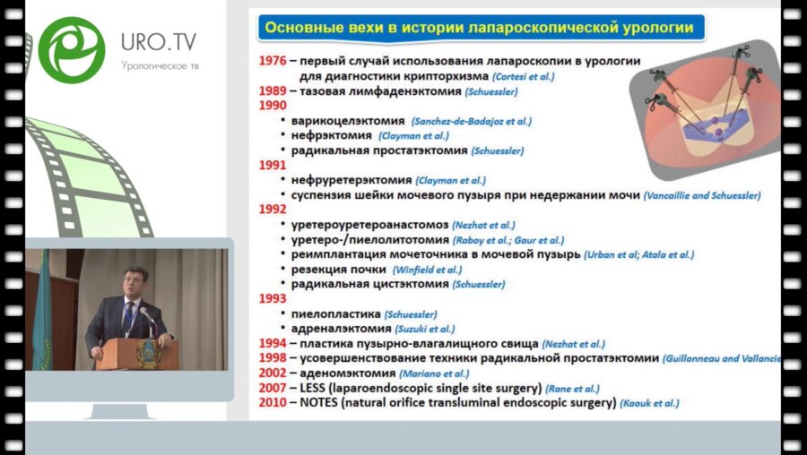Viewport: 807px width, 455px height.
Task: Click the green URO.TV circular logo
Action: [x=71, y=50]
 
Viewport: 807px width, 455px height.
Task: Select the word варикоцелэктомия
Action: [x=348, y=120]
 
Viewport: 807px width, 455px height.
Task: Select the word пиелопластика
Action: [x=337, y=313]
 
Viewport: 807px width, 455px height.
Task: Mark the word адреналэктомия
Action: [x=341, y=329]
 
